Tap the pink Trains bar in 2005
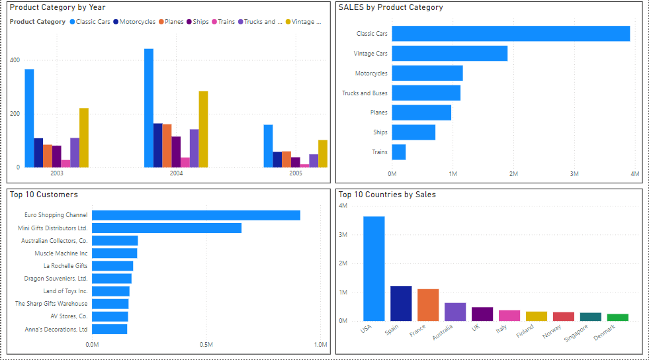304,165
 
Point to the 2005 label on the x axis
295,173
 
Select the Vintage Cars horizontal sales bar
450,53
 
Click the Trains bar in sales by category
399,152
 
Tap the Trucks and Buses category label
365,93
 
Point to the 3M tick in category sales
574,174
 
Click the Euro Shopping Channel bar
196,215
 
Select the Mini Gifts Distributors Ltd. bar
167,228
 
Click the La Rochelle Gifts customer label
65,266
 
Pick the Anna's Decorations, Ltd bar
109,330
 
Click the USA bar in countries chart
374,269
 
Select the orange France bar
428,305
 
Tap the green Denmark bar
618,318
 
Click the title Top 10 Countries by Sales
387,195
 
